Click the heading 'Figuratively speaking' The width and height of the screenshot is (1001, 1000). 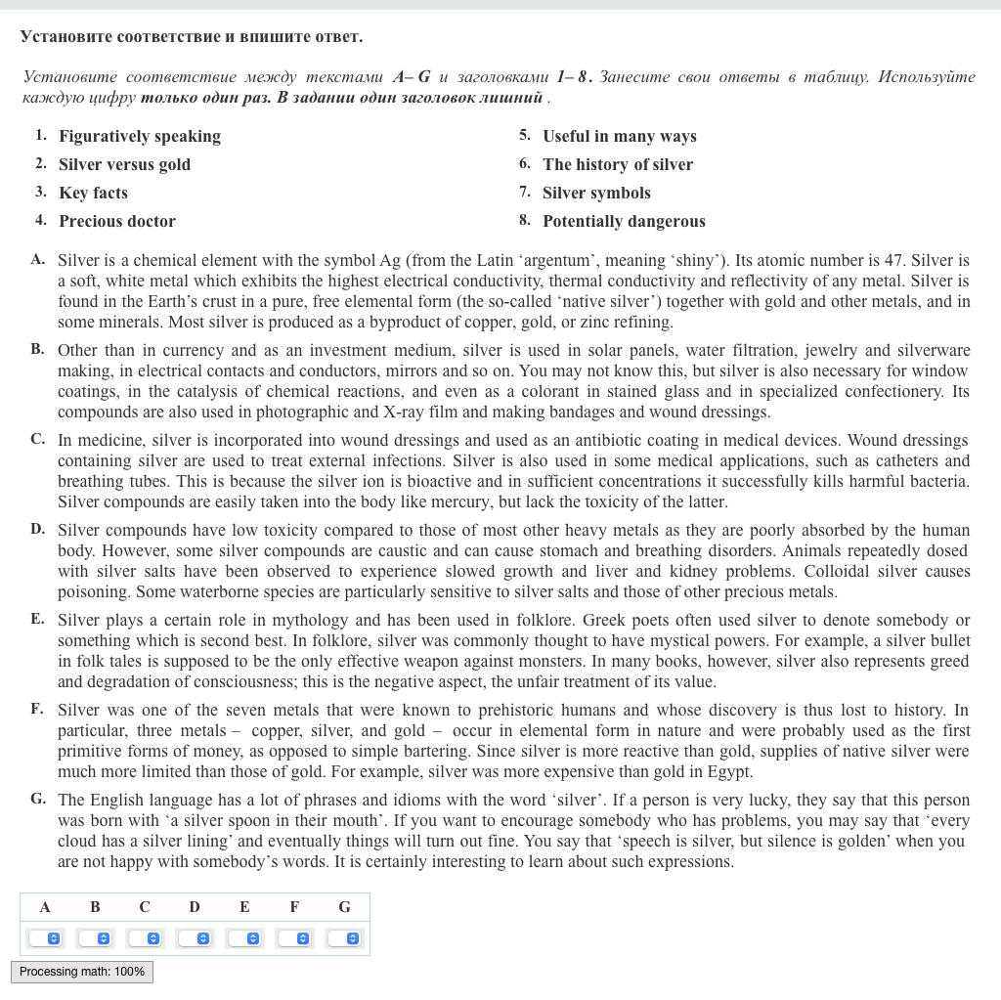pos(140,136)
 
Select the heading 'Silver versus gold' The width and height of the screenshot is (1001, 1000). pos(124,164)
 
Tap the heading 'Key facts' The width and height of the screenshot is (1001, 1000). pos(93,193)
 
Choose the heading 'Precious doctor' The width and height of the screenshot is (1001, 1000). pos(117,221)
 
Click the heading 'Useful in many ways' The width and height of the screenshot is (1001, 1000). pos(620,136)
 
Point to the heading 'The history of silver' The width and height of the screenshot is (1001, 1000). pos(618,164)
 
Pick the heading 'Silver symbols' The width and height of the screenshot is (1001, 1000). pos(596,193)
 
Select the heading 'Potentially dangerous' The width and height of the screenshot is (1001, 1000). pos(624,221)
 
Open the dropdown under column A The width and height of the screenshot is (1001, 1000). pos(45,938)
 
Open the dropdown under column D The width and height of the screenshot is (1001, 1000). pos(195,938)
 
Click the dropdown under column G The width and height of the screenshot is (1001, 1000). pos(344,938)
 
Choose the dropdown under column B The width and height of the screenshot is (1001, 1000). pos(95,938)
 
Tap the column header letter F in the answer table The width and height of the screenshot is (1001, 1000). pos(294,907)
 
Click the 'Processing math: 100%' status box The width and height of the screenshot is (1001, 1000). pos(82,972)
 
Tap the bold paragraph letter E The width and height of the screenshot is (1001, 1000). pos(37,619)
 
